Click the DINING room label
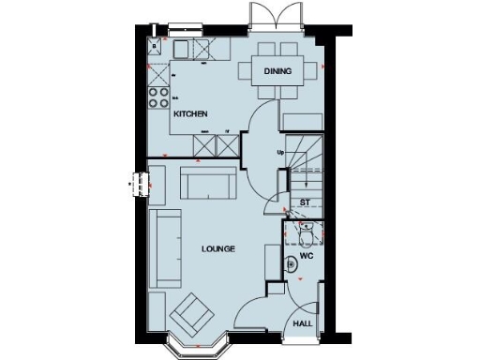click(277, 71)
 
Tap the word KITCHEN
click(189, 114)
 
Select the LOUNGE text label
click(217, 248)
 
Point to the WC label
click(305, 255)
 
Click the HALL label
click(302, 323)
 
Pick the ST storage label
click(305, 202)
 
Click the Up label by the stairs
click(279, 152)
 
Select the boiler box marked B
click(154, 44)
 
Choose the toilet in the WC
click(307, 228)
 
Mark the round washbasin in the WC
click(292, 266)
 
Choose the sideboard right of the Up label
click(302, 120)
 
